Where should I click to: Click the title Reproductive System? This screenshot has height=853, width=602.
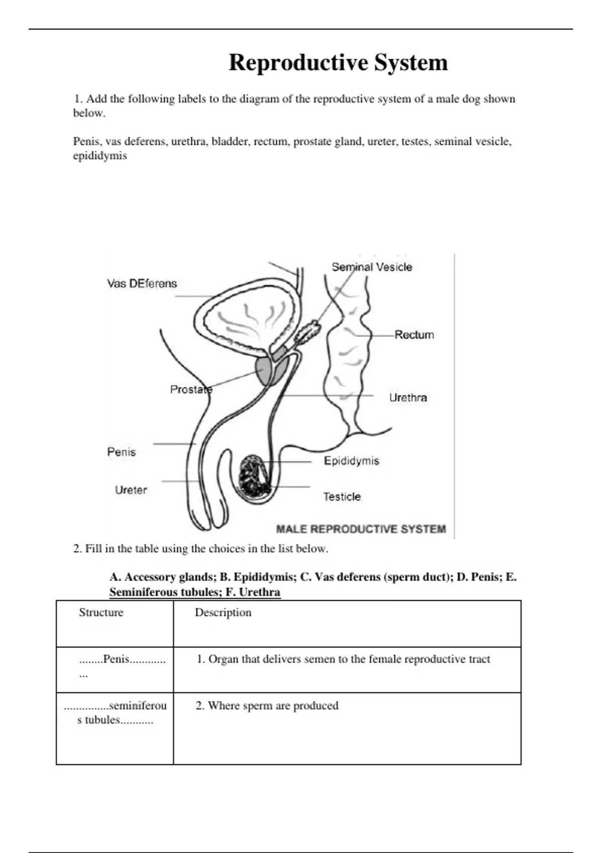[338, 63]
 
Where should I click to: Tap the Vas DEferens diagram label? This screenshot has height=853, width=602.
[142, 283]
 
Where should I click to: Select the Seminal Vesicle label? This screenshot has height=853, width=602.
[372, 267]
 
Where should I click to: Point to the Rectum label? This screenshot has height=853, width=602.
[414, 335]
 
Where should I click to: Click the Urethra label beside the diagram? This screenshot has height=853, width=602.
[408, 398]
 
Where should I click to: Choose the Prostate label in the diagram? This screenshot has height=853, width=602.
[191, 389]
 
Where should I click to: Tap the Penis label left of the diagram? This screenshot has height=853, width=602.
[121, 452]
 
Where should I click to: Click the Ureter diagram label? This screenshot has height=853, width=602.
[130, 490]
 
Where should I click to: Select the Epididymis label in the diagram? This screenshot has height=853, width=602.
[351, 461]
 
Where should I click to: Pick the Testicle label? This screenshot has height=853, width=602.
[342, 497]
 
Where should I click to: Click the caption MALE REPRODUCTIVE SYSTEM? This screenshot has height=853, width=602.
[361, 529]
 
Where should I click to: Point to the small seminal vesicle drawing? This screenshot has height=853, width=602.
[308, 332]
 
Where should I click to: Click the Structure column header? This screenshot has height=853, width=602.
[101, 613]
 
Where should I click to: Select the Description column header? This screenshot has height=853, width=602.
[223, 613]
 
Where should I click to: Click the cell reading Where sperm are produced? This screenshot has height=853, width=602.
[267, 706]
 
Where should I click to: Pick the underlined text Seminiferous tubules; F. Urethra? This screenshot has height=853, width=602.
[195, 592]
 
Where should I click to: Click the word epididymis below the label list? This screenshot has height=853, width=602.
[100, 156]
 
